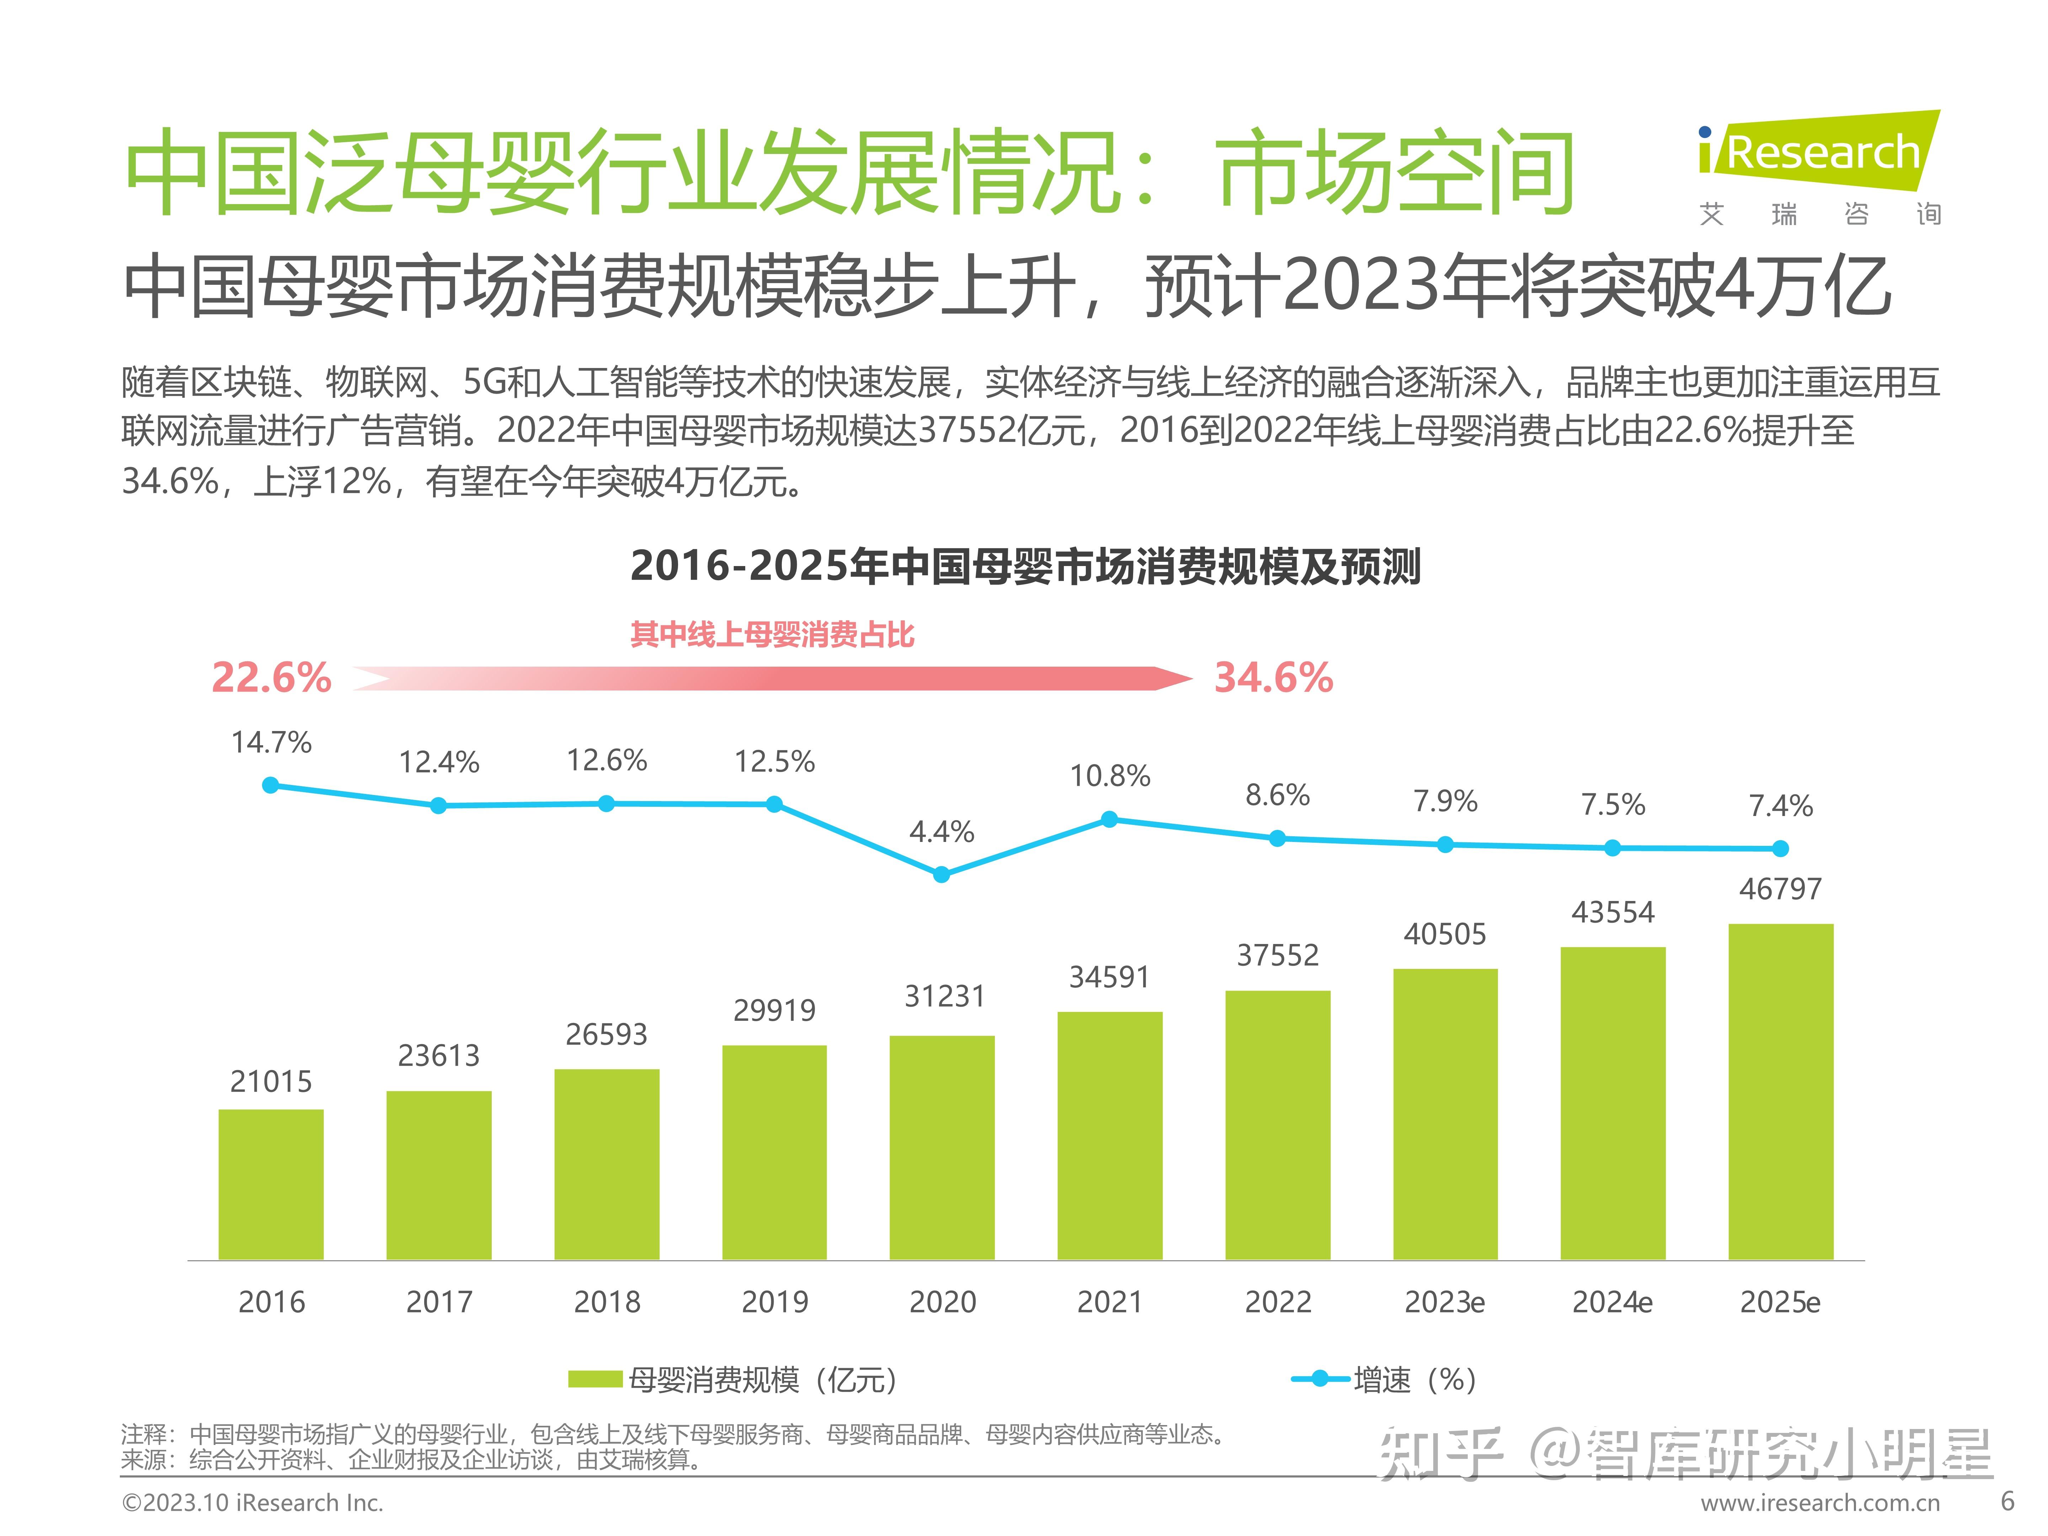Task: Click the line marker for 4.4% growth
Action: pos(942,874)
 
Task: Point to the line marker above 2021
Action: pos(1109,820)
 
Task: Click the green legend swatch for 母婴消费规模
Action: pos(594,1380)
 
